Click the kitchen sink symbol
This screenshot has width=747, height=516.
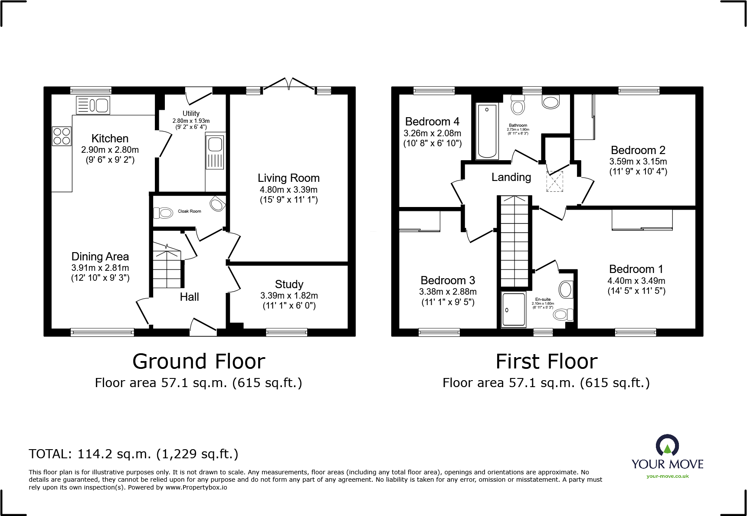pos(93,105)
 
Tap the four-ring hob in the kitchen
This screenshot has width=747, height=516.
pos(62,136)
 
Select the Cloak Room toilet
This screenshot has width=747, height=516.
pos(164,213)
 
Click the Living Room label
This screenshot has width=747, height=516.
pos(288,178)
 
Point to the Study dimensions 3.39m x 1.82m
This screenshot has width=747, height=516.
pos(289,296)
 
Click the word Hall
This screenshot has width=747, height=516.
pos(189,297)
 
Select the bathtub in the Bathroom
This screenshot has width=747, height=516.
pos(487,131)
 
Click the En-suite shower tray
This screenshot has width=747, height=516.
pos(514,309)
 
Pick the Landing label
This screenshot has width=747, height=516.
pos(511,177)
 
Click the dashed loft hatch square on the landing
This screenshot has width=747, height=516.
pos(554,181)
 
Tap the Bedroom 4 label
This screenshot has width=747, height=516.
pos(432,122)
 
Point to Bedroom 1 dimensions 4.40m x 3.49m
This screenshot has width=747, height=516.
pos(636,281)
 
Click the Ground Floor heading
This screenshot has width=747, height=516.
pos(199,362)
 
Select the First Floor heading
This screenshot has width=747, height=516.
pos(547,362)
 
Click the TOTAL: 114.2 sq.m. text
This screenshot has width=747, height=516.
pos(133,454)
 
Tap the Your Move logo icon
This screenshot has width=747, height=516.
pos(667,445)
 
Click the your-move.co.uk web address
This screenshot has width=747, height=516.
pos(667,476)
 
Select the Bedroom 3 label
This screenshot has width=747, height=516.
pos(448,280)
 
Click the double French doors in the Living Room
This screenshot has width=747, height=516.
pos(289,85)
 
